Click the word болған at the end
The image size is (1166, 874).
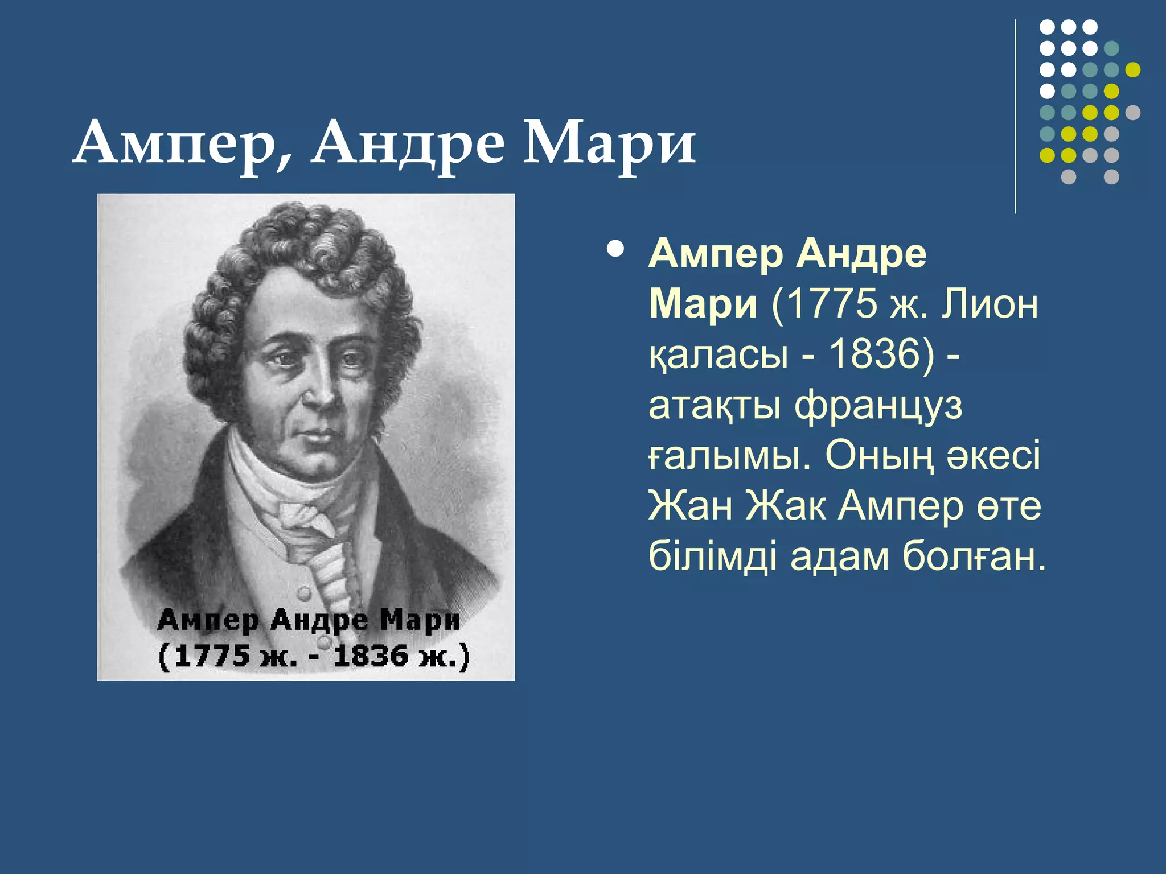[x=974, y=556]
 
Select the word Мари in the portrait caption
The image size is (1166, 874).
[x=420, y=620]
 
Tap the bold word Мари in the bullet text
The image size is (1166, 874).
[x=704, y=304]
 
